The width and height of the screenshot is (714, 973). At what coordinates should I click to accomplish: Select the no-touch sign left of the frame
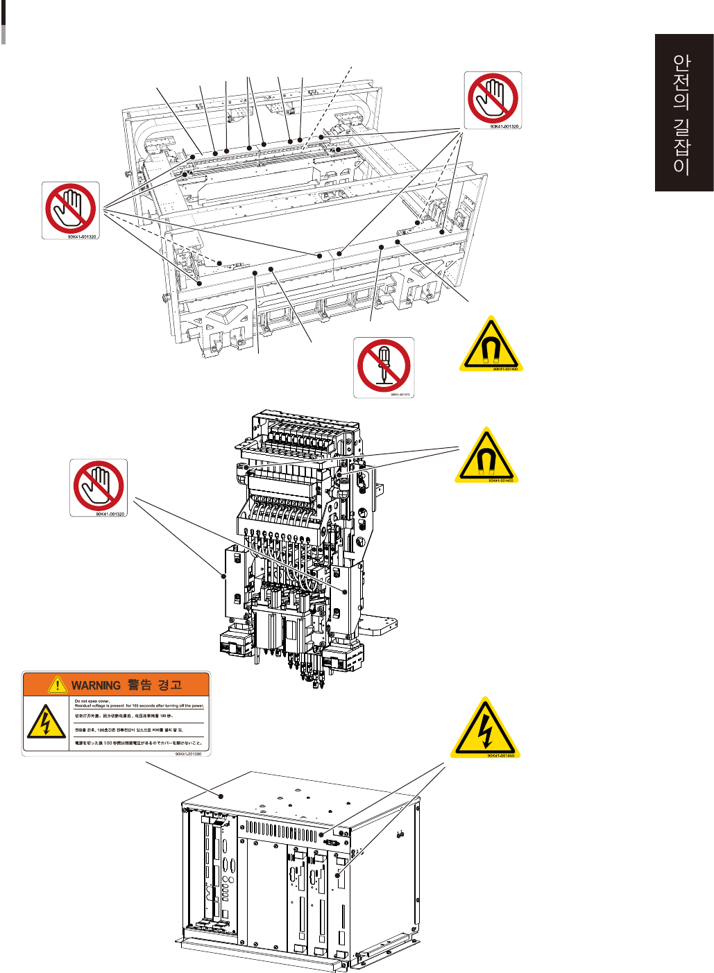[x=70, y=209]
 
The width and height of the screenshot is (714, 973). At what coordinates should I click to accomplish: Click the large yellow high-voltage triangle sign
[x=484, y=728]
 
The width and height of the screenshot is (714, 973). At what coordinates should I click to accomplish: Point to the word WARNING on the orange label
[x=96, y=685]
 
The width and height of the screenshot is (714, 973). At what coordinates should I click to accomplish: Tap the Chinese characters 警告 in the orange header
[x=139, y=685]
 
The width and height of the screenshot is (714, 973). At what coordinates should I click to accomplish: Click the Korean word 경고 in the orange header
[x=170, y=685]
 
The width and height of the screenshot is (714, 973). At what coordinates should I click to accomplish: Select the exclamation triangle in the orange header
[x=57, y=685]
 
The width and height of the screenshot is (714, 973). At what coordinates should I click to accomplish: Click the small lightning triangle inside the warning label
[x=46, y=722]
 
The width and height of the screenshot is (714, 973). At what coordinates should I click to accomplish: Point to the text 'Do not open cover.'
[x=92, y=700]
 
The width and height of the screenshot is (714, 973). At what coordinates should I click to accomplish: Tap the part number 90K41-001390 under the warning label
[x=188, y=754]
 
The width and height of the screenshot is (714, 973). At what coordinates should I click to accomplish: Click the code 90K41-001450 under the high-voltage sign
[x=500, y=756]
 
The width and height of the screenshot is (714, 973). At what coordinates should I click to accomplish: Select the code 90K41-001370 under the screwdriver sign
[x=400, y=395]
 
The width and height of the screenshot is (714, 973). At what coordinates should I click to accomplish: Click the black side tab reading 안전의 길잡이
[x=683, y=112]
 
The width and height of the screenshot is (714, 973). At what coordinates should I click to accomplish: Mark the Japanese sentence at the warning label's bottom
[x=138, y=743]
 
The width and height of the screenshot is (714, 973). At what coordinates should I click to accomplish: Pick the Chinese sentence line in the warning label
[x=124, y=716]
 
